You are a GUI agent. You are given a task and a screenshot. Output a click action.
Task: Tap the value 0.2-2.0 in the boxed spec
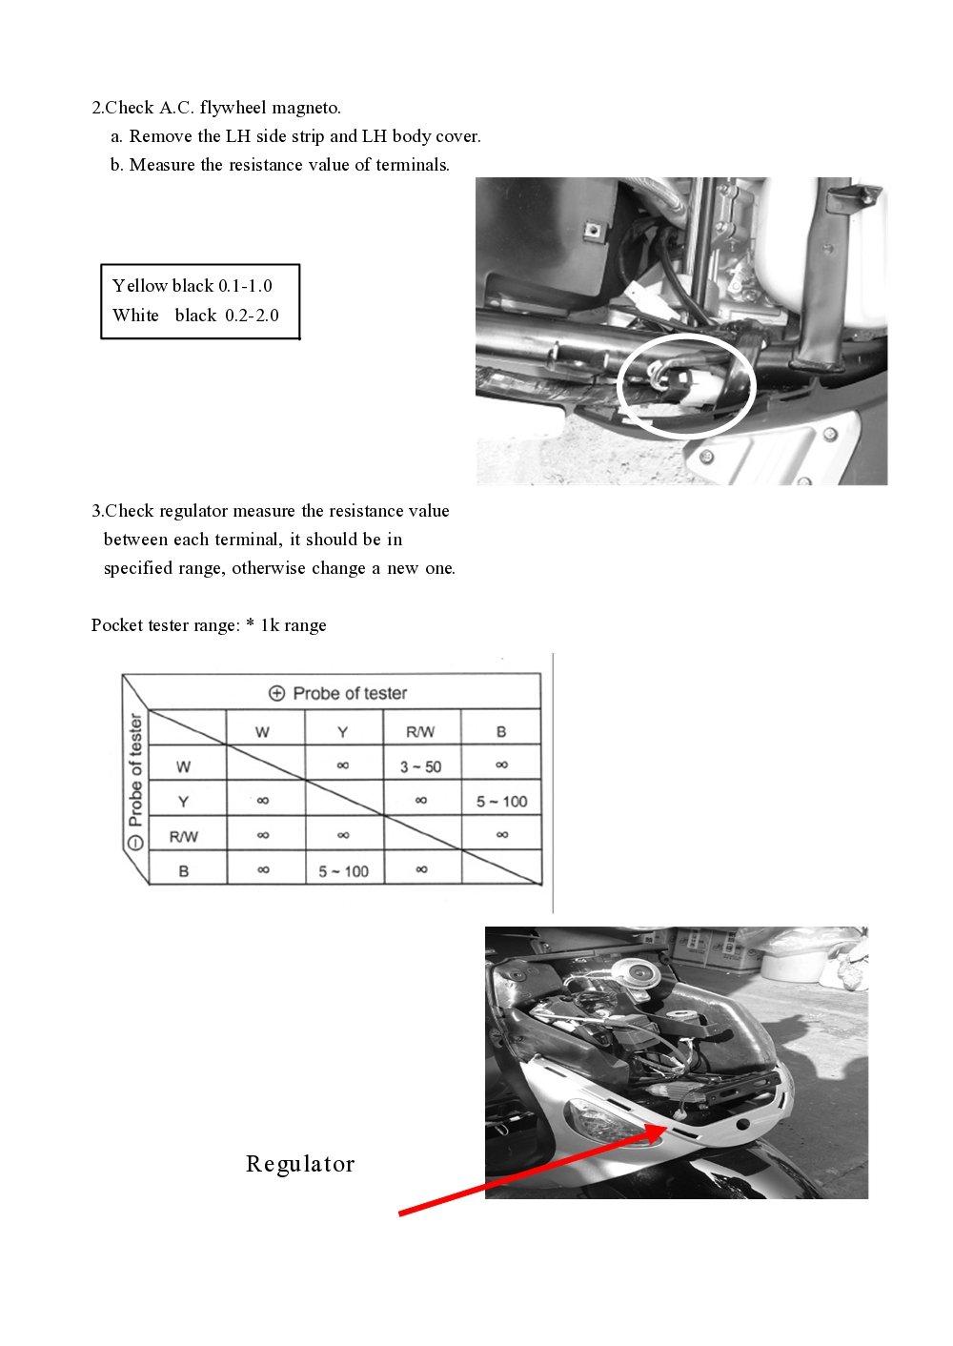coord(252,316)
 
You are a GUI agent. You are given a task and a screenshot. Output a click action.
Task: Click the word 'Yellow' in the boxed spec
coord(140,286)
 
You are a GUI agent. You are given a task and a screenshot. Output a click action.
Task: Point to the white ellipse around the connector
coord(686,385)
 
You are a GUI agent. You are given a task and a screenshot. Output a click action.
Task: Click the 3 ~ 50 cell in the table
coord(420,766)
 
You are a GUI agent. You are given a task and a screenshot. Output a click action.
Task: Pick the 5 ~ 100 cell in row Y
coord(501,802)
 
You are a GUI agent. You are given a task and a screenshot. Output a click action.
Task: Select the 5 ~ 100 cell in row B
coord(343,871)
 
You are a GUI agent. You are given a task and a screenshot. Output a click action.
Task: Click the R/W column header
coord(420,732)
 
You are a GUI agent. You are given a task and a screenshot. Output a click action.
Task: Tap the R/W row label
coord(183,837)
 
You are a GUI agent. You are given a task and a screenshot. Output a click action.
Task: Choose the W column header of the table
coord(262,732)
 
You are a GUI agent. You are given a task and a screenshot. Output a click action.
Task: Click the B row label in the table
coord(183,871)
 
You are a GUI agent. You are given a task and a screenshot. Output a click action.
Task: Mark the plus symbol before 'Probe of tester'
coord(277,693)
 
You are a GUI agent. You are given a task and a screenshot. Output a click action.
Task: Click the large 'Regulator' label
coord(300,1164)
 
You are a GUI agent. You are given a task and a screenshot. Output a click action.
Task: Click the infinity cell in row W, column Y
coord(343,765)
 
